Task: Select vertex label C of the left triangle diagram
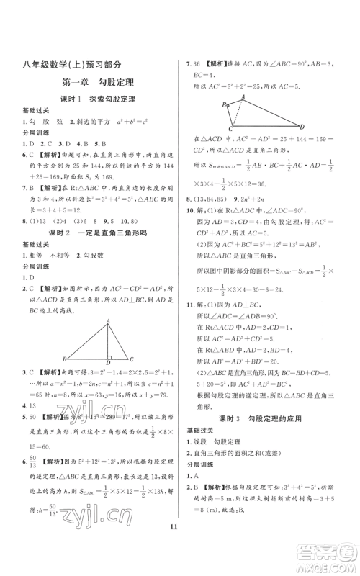131,358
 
